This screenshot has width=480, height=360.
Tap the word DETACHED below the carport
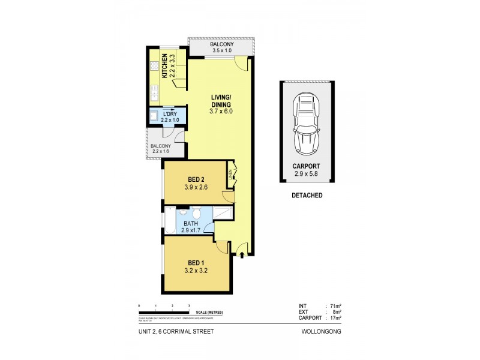[307, 195]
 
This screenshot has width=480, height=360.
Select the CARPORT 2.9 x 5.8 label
[307, 171]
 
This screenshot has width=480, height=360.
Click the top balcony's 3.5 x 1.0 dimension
[223, 50]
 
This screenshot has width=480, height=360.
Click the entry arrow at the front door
[242, 256]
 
